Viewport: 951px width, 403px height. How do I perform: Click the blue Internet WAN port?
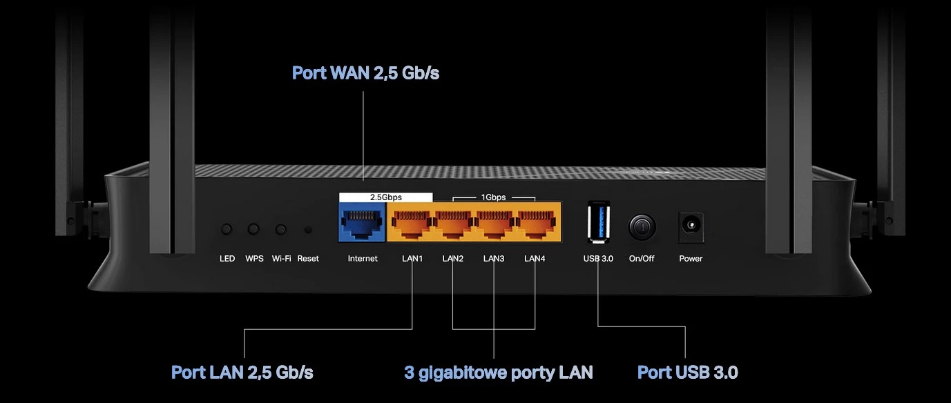[x=362, y=222]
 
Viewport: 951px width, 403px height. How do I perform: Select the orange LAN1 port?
[x=412, y=222]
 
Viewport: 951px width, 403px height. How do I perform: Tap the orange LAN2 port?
[x=453, y=222]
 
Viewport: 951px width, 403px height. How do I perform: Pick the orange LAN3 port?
[x=494, y=222]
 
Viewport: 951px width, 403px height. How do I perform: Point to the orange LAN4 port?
[x=535, y=222]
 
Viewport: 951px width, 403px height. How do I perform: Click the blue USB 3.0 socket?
[x=598, y=221]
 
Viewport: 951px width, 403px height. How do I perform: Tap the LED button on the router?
[x=227, y=229]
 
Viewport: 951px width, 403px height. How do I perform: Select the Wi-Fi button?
[x=280, y=229]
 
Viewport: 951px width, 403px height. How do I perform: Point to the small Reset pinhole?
[x=308, y=230]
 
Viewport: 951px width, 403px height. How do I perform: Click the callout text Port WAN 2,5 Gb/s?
[x=365, y=73]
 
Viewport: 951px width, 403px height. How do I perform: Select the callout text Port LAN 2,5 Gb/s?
[x=242, y=373]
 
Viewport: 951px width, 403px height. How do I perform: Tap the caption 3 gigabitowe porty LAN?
[x=498, y=373]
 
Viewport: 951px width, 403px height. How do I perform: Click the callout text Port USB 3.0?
[x=687, y=373]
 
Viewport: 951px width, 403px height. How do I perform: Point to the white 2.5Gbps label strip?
[x=385, y=197]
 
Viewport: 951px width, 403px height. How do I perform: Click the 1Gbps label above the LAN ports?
[x=493, y=197]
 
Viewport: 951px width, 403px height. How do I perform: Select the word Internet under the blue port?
[x=363, y=259]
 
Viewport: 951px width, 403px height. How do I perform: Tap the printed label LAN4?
[x=535, y=259]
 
